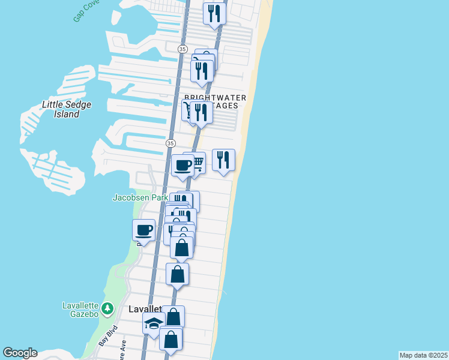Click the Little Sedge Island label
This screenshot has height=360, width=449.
coord(61,109)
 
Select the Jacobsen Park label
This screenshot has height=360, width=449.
coord(139,197)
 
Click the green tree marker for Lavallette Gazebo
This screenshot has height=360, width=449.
coord(107,308)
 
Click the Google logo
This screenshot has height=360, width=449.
coord(20,353)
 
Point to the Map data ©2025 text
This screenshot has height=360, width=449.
coord(423,355)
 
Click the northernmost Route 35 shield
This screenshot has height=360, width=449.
coord(182,48)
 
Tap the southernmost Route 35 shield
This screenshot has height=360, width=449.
coord(170,143)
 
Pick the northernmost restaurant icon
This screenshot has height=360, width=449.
coord(214,13)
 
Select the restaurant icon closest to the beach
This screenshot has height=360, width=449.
coord(223,160)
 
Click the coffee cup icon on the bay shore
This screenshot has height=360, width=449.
coord(143,230)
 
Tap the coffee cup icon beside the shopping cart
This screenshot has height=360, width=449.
coord(182,165)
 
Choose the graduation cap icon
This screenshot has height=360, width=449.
coord(154,324)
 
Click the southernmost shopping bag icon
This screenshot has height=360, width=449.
coord(171,339)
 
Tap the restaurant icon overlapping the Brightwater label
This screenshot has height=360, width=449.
coord(201,112)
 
